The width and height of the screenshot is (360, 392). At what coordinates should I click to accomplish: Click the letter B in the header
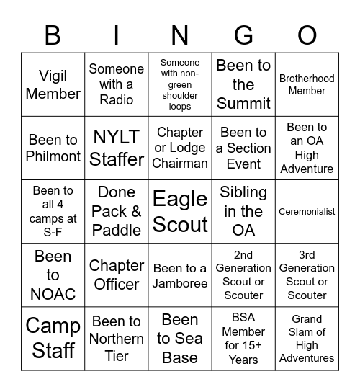point(53,35)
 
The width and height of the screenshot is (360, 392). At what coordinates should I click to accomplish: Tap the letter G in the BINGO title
point(243,35)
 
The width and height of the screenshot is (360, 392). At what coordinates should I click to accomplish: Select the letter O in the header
point(307,35)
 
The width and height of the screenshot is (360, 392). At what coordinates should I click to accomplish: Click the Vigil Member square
point(53,85)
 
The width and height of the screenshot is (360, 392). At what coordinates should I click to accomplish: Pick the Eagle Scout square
point(180,212)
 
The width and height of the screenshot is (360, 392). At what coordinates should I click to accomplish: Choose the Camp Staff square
point(53,338)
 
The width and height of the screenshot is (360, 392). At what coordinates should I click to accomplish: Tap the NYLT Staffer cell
point(117,148)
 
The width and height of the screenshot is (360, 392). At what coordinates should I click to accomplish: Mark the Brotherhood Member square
point(307,85)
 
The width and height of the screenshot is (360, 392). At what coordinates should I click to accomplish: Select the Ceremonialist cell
point(307,212)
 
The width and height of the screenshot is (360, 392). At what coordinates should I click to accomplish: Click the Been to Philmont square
point(53,148)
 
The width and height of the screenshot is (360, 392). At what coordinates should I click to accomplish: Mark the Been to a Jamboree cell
point(180,275)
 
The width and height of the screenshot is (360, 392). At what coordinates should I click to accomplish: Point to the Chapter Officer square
point(117,275)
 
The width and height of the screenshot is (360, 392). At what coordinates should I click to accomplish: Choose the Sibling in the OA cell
point(243,212)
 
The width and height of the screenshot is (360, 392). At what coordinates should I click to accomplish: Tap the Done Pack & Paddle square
point(117,212)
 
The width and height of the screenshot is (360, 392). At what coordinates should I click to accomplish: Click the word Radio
point(117,100)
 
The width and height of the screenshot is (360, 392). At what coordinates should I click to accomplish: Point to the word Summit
point(243,103)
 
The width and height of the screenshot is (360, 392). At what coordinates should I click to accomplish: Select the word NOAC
point(53,294)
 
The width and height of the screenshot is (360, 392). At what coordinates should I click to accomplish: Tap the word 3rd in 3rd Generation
point(307,255)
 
